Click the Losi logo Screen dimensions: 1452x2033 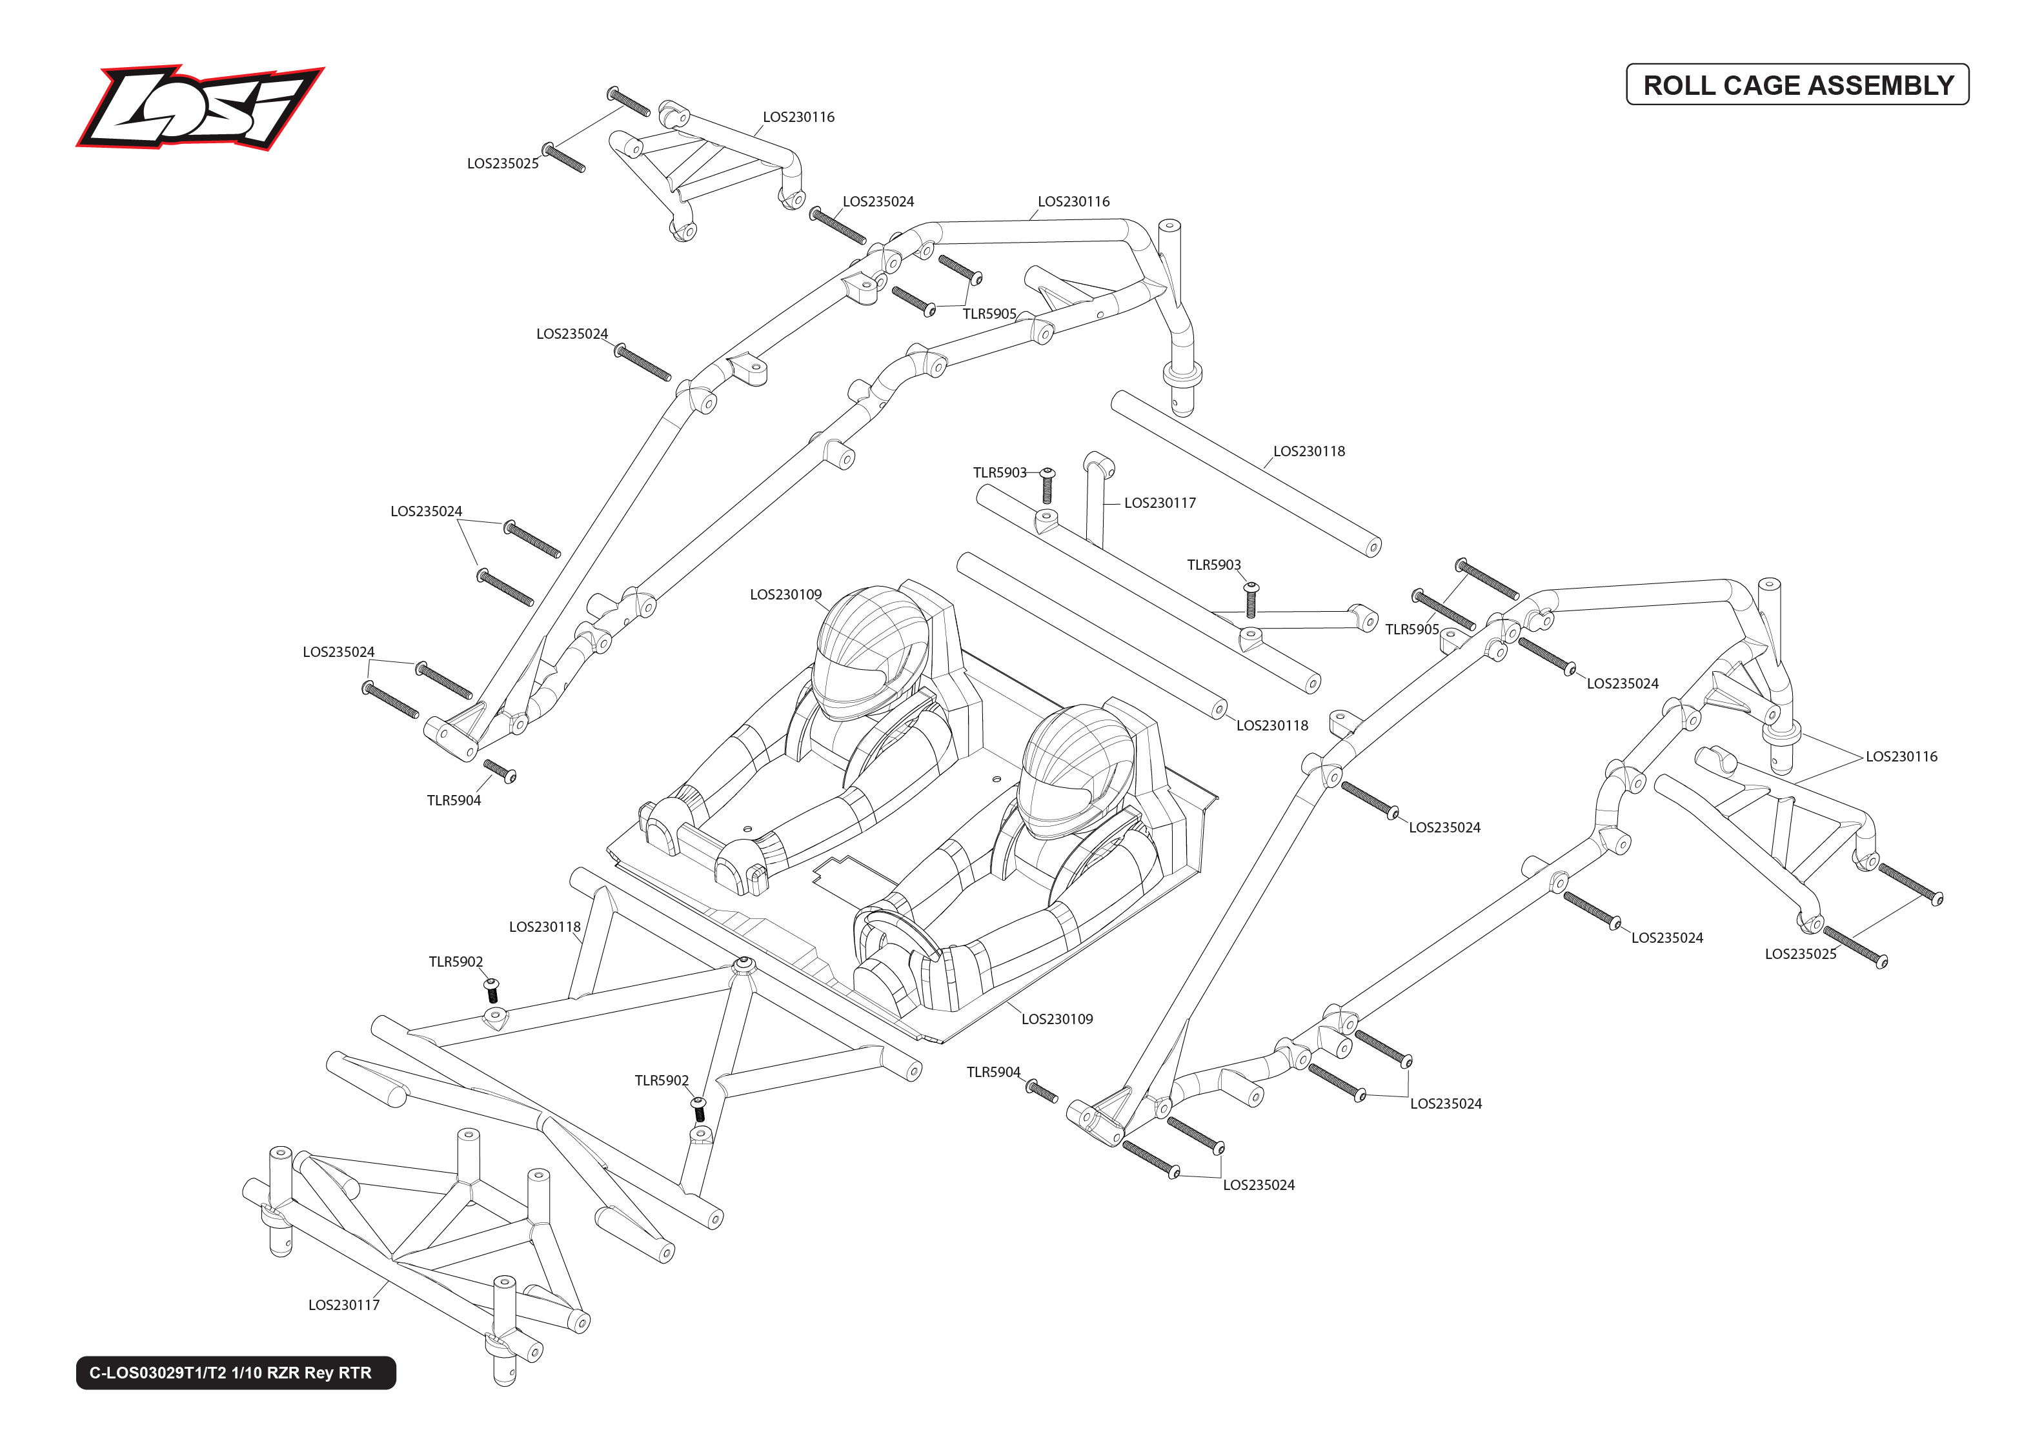199,107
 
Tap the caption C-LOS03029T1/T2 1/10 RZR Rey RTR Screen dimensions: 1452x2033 230,1373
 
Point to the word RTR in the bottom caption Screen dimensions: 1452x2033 355,1373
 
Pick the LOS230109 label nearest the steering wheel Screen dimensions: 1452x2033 1057,1019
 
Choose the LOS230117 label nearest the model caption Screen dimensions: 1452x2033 344,1306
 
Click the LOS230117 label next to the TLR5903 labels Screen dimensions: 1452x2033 1160,503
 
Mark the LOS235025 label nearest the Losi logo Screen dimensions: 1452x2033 502,164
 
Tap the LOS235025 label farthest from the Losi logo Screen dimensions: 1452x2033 1799,954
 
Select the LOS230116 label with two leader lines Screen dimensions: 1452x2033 1901,756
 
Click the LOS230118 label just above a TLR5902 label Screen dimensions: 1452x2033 545,927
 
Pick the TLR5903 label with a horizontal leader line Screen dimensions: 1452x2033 1000,472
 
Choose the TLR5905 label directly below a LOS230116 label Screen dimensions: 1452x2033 989,314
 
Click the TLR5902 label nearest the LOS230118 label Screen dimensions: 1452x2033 455,962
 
